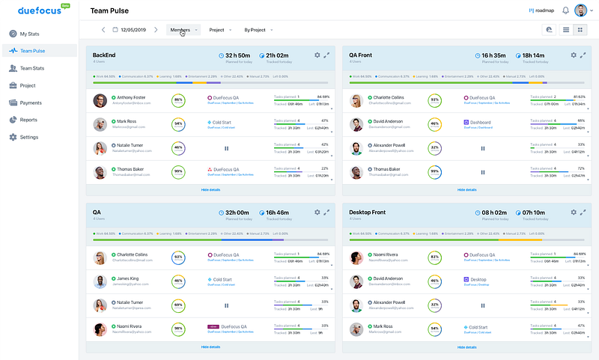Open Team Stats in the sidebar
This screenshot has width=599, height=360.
[31, 68]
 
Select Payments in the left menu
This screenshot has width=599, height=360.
[30, 103]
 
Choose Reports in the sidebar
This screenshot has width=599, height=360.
[28, 120]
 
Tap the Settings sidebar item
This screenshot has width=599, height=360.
[28, 137]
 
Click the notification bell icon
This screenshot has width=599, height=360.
[565, 11]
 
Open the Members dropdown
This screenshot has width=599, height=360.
[183, 30]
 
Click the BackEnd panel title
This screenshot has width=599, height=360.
[104, 55]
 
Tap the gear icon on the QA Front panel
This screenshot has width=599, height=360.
[574, 55]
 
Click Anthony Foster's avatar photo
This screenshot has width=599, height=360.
[100, 100]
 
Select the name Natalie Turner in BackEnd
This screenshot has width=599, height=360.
[133, 145]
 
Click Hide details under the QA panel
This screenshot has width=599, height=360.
[210, 347]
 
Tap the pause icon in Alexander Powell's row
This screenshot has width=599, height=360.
[482, 148]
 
